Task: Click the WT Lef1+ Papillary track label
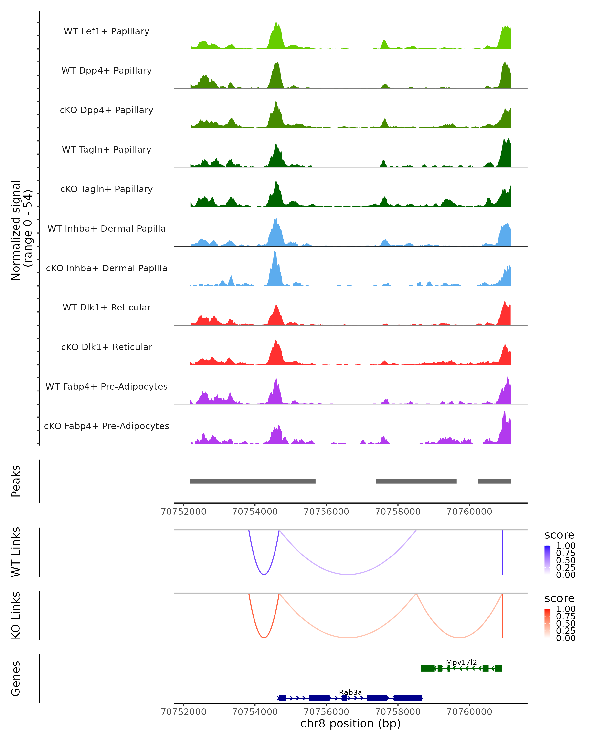click(106, 31)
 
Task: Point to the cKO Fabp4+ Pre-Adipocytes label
click(106, 426)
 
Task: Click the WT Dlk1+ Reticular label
click(106, 307)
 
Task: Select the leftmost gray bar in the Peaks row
click(253, 481)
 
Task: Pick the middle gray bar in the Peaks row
click(416, 481)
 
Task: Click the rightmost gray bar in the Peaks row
click(494, 481)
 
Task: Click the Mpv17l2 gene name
click(461, 662)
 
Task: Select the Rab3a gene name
click(350, 692)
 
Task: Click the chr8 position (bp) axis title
click(350, 724)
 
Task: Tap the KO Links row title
click(16, 615)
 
